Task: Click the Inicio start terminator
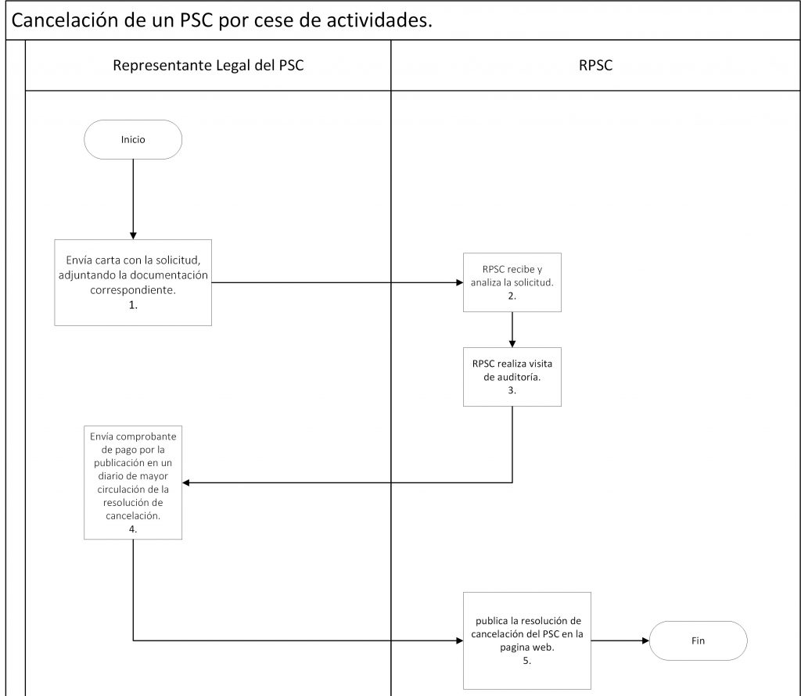click(x=133, y=139)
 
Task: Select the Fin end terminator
click(x=698, y=640)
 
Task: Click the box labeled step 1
click(x=133, y=282)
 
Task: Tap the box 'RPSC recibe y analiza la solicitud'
click(x=512, y=282)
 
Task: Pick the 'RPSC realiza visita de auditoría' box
click(x=512, y=377)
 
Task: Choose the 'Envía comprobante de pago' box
click(x=133, y=483)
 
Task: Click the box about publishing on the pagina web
click(x=526, y=640)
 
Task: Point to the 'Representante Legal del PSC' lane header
click(x=208, y=66)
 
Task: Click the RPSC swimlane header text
click(x=595, y=66)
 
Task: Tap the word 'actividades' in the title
click(x=377, y=20)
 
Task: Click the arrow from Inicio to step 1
click(x=133, y=199)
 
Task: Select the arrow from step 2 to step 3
click(x=512, y=330)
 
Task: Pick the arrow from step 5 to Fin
click(x=620, y=640)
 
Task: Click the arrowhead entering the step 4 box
click(x=186, y=483)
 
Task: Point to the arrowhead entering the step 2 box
click(x=460, y=282)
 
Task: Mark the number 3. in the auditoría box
click(x=512, y=391)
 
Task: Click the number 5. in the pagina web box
click(x=526, y=661)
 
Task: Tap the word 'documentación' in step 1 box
click(x=169, y=275)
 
